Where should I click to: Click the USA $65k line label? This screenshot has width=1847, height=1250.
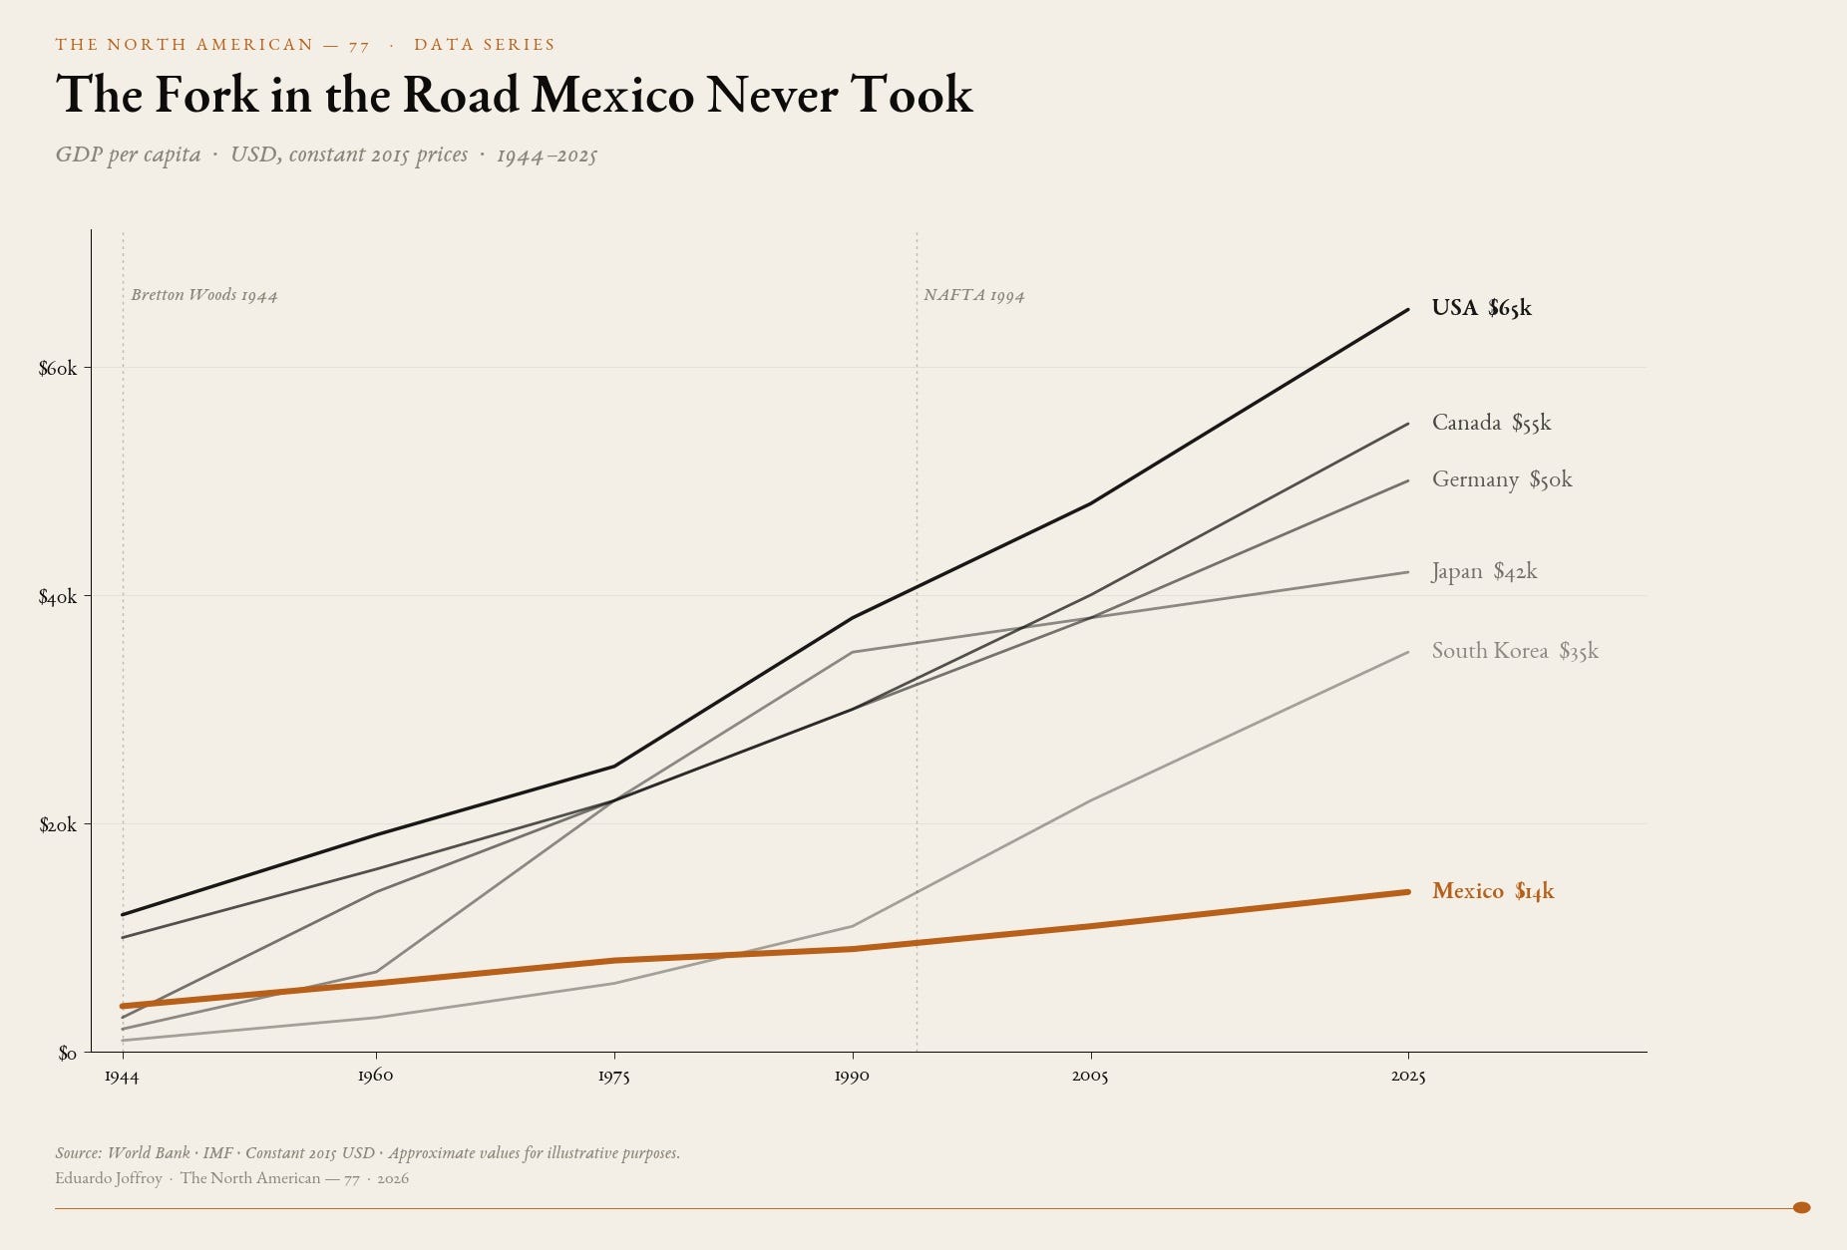point(1481,308)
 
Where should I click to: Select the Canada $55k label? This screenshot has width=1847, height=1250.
point(1491,423)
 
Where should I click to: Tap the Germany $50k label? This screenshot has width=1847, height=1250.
point(1502,479)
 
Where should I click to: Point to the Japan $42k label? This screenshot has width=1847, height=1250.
point(1484,571)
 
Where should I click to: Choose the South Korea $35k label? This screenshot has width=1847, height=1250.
point(1515,651)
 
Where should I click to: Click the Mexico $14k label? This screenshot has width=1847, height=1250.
point(1493,891)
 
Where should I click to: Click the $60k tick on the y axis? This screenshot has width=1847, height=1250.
point(58,368)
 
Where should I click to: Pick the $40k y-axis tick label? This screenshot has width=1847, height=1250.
point(58,596)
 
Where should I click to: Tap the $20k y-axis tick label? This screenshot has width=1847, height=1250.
point(58,824)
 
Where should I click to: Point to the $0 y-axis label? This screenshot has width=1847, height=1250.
point(67,1053)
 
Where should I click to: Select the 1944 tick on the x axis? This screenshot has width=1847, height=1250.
point(122,1076)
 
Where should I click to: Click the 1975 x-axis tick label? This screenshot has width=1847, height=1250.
point(613,1076)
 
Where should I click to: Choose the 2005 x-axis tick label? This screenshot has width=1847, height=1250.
point(1090,1076)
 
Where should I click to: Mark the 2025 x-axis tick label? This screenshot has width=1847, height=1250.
point(1408,1076)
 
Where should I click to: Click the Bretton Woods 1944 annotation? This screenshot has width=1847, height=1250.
point(204,295)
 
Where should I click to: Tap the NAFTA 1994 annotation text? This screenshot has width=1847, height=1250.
point(974,295)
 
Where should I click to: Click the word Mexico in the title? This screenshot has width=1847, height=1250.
point(613,95)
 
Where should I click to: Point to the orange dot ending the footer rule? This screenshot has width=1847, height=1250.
point(1801,1207)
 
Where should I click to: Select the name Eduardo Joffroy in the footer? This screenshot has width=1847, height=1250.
point(109,1178)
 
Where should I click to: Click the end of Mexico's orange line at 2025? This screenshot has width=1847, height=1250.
point(1407,892)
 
